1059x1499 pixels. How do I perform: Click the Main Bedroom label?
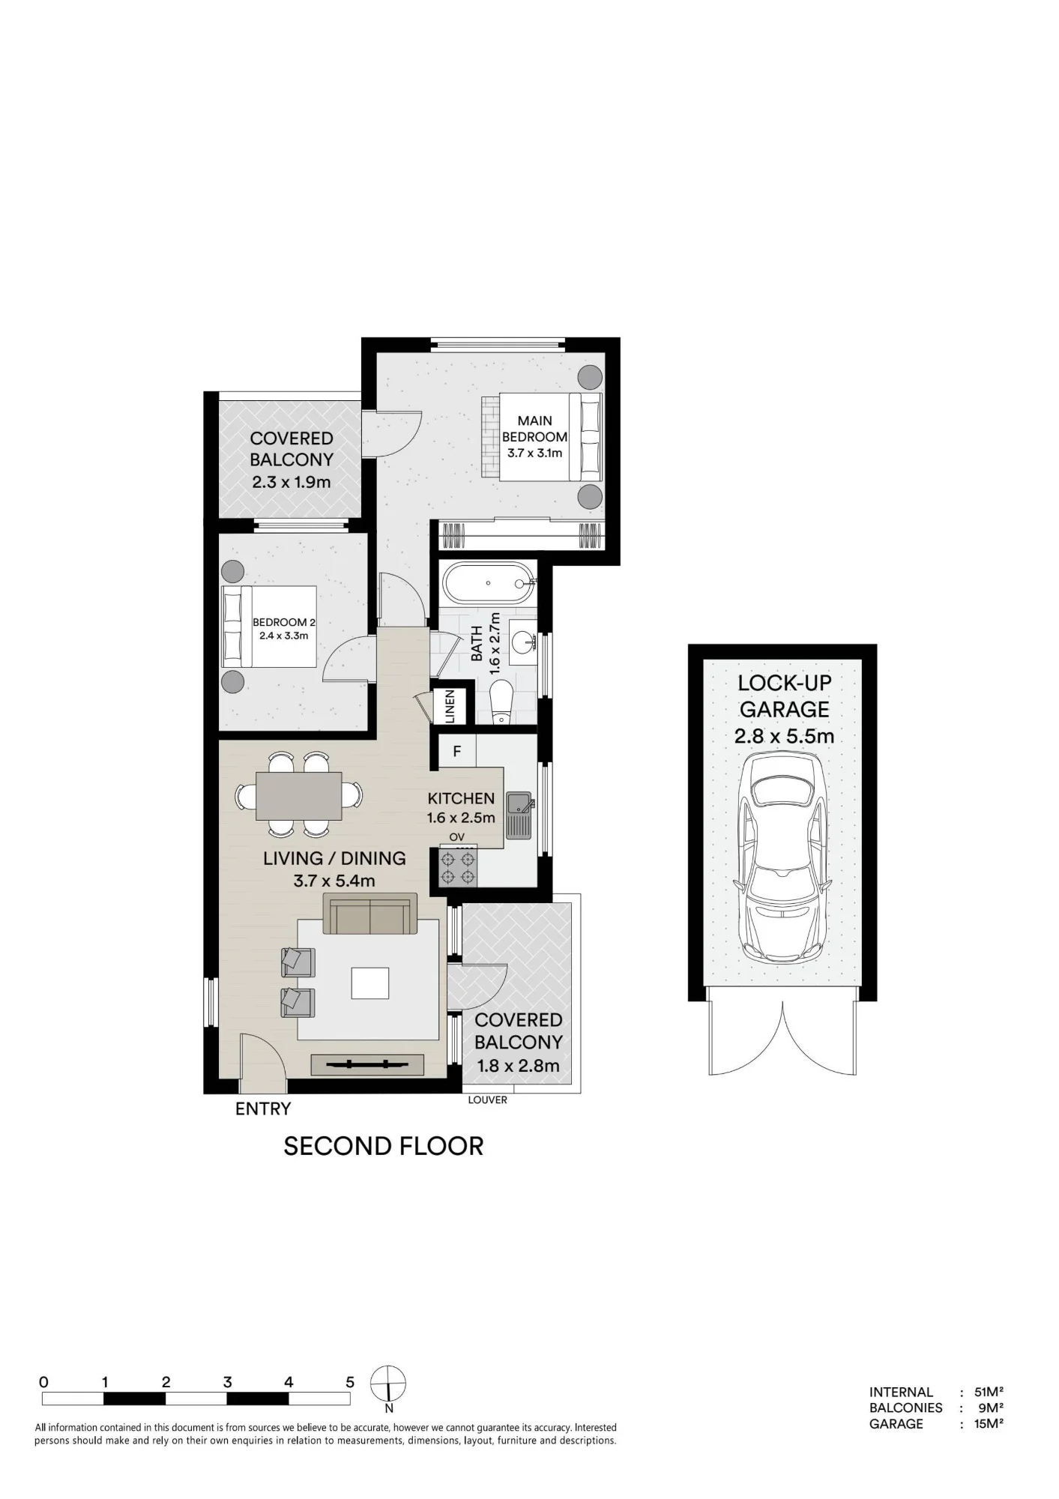[534, 429]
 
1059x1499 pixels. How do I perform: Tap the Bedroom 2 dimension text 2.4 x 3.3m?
[283, 636]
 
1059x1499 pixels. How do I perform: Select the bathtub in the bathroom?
[488, 582]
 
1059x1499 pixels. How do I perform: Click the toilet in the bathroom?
[500, 702]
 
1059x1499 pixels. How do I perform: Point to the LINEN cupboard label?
[450, 705]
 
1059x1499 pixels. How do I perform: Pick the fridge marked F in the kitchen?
[456, 751]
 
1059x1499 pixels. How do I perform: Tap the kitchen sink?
[519, 815]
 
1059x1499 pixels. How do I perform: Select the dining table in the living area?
[299, 795]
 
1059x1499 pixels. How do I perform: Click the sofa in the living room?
[370, 914]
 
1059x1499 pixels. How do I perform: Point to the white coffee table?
[370, 983]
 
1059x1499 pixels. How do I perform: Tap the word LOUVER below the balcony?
[488, 1100]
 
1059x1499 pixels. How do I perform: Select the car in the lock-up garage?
[783, 857]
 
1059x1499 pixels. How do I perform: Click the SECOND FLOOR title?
[384, 1146]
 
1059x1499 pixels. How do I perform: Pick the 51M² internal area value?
[989, 1392]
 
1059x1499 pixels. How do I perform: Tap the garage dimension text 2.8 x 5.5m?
[784, 736]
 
